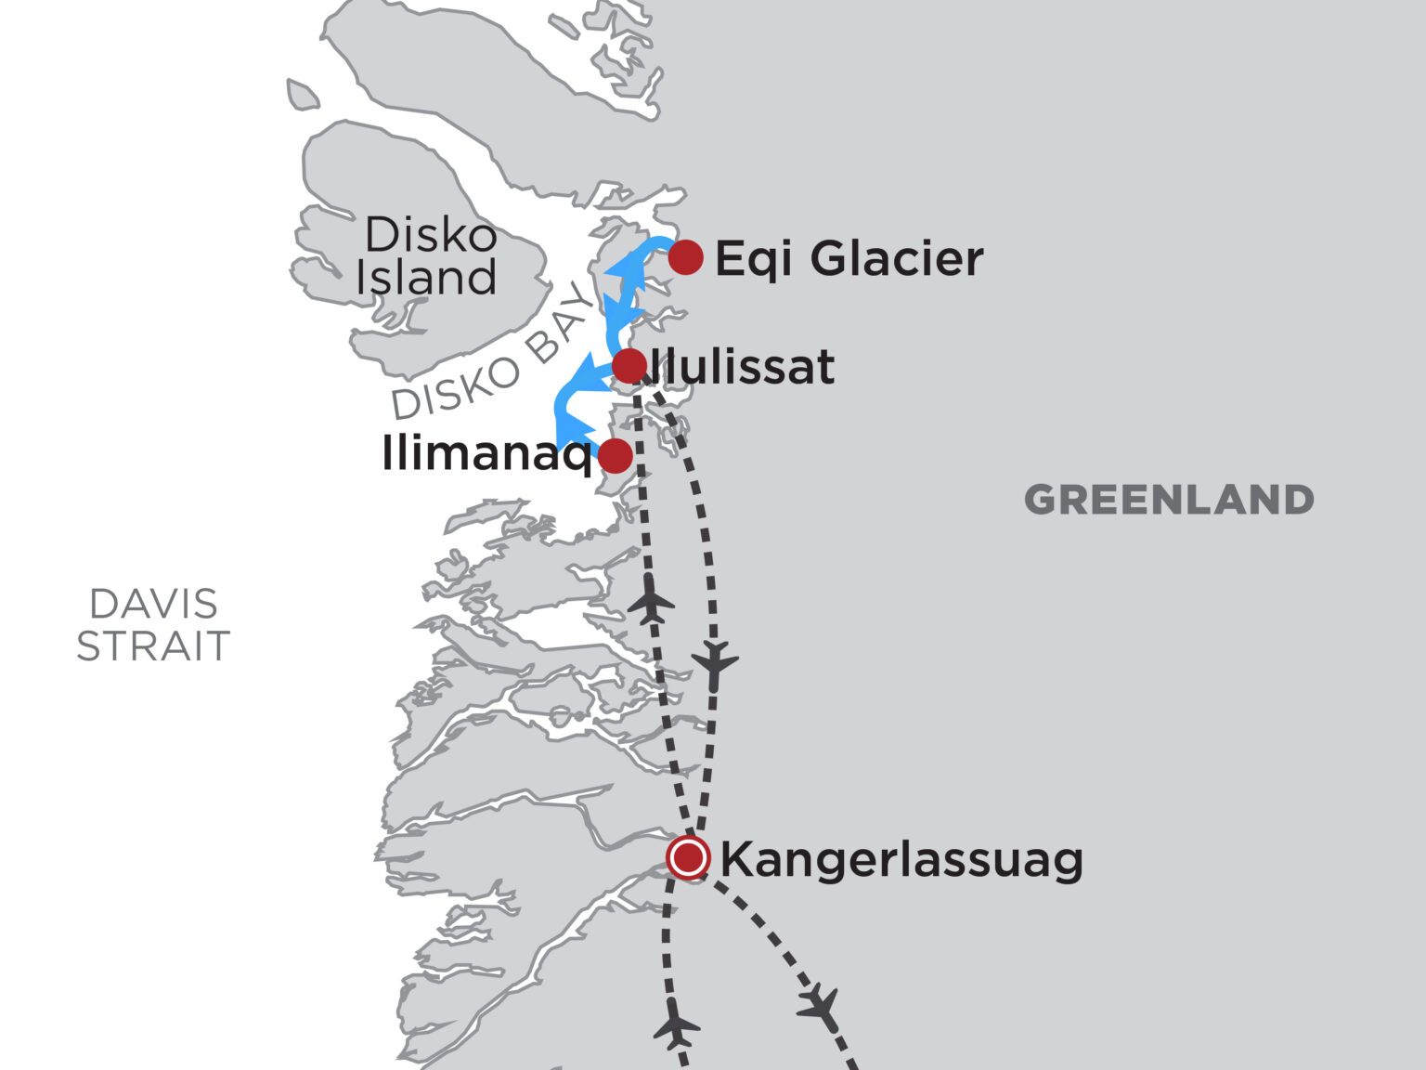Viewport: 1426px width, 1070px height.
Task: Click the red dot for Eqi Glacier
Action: coord(685,256)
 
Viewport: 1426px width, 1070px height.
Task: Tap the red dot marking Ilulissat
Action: coord(629,365)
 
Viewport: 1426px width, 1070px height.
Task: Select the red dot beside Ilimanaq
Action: coord(615,456)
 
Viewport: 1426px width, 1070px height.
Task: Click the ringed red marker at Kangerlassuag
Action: coord(688,857)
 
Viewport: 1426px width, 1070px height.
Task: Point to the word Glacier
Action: coord(896,258)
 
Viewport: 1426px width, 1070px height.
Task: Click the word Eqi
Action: coord(753,259)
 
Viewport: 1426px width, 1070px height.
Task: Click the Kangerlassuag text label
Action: coord(901,859)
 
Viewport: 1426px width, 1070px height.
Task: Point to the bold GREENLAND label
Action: coord(1169,501)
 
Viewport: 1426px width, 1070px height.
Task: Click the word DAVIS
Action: coord(153,605)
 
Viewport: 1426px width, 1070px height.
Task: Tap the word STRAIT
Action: coord(153,646)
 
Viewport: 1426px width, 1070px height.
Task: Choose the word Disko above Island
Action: coord(430,235)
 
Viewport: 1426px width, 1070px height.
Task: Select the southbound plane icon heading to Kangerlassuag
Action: coord(715,662)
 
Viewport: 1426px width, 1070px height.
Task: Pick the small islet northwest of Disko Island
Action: coord(302,95)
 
